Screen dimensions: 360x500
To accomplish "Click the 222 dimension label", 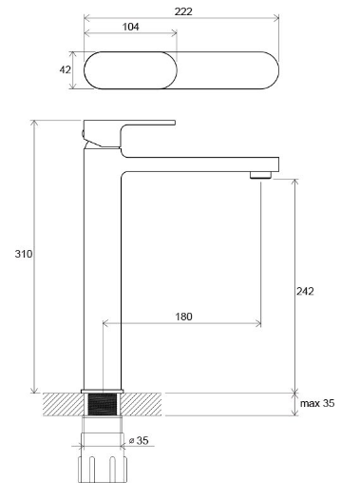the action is pyautogui.click(x=183, y=11).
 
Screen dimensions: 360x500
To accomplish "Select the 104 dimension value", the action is pyautogui.click(x=131, y=27).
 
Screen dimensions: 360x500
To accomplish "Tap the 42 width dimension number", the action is pyautogui.click(x=65, y=69).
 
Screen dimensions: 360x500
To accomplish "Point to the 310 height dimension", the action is pyautogui.click(x=24, y=254).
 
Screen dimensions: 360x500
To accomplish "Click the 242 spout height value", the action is pyautogui.click(x=305, y=291).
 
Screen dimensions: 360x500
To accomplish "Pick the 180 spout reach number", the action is pyautogui.click(x=184, y=317).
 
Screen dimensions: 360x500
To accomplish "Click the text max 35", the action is pyautogui.click(x=317, y=403).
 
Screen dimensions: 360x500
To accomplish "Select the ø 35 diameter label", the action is pyautogui.click(x=139, y=440).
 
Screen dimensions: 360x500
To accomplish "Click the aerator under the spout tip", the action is pyautogui.click(x=260, y=175).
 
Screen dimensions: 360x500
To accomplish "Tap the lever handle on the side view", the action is pyautogui.click(x=127, y=133).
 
